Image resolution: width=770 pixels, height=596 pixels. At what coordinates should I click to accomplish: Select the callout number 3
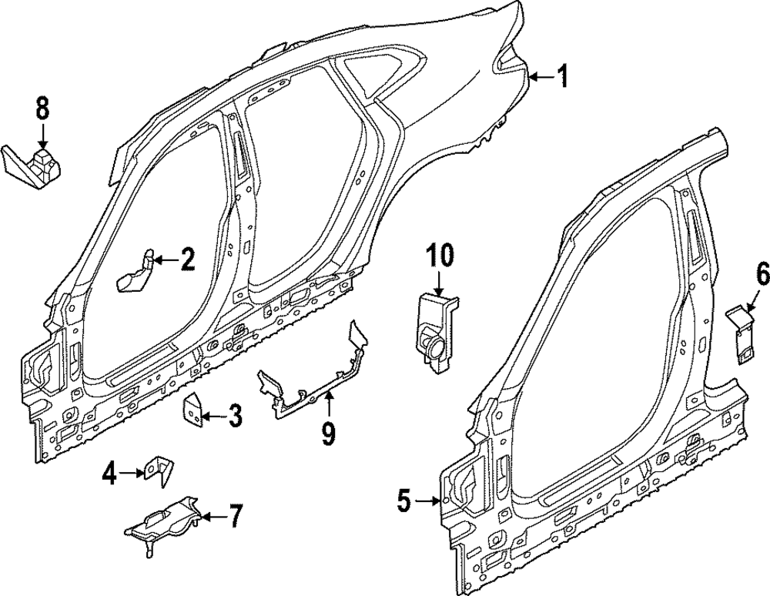[x=235, y=417]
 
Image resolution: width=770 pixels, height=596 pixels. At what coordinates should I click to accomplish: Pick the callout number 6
[x=762, y=273]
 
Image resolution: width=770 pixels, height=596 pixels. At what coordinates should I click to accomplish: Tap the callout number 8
[x=42, y=109]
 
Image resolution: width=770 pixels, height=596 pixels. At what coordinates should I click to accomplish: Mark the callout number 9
[x=329, y=435]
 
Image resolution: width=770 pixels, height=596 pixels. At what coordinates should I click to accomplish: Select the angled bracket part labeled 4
[x=159, y=469]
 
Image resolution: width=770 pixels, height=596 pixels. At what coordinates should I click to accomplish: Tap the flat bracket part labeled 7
[x=165, y=523]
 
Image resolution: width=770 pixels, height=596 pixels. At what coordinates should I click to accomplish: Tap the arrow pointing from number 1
[x=542, y=76]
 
